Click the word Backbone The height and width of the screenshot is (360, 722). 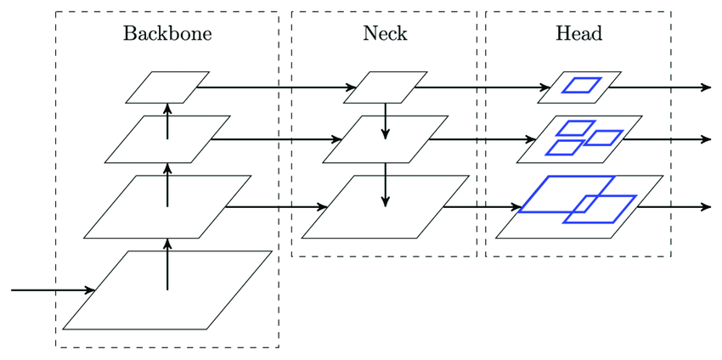point(166,34)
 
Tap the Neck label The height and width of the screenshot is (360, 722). point(384,34)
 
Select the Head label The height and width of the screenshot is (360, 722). point(578,34)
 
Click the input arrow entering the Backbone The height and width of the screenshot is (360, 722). point(51,290)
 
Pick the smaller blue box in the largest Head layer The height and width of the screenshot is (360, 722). point(600,209)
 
